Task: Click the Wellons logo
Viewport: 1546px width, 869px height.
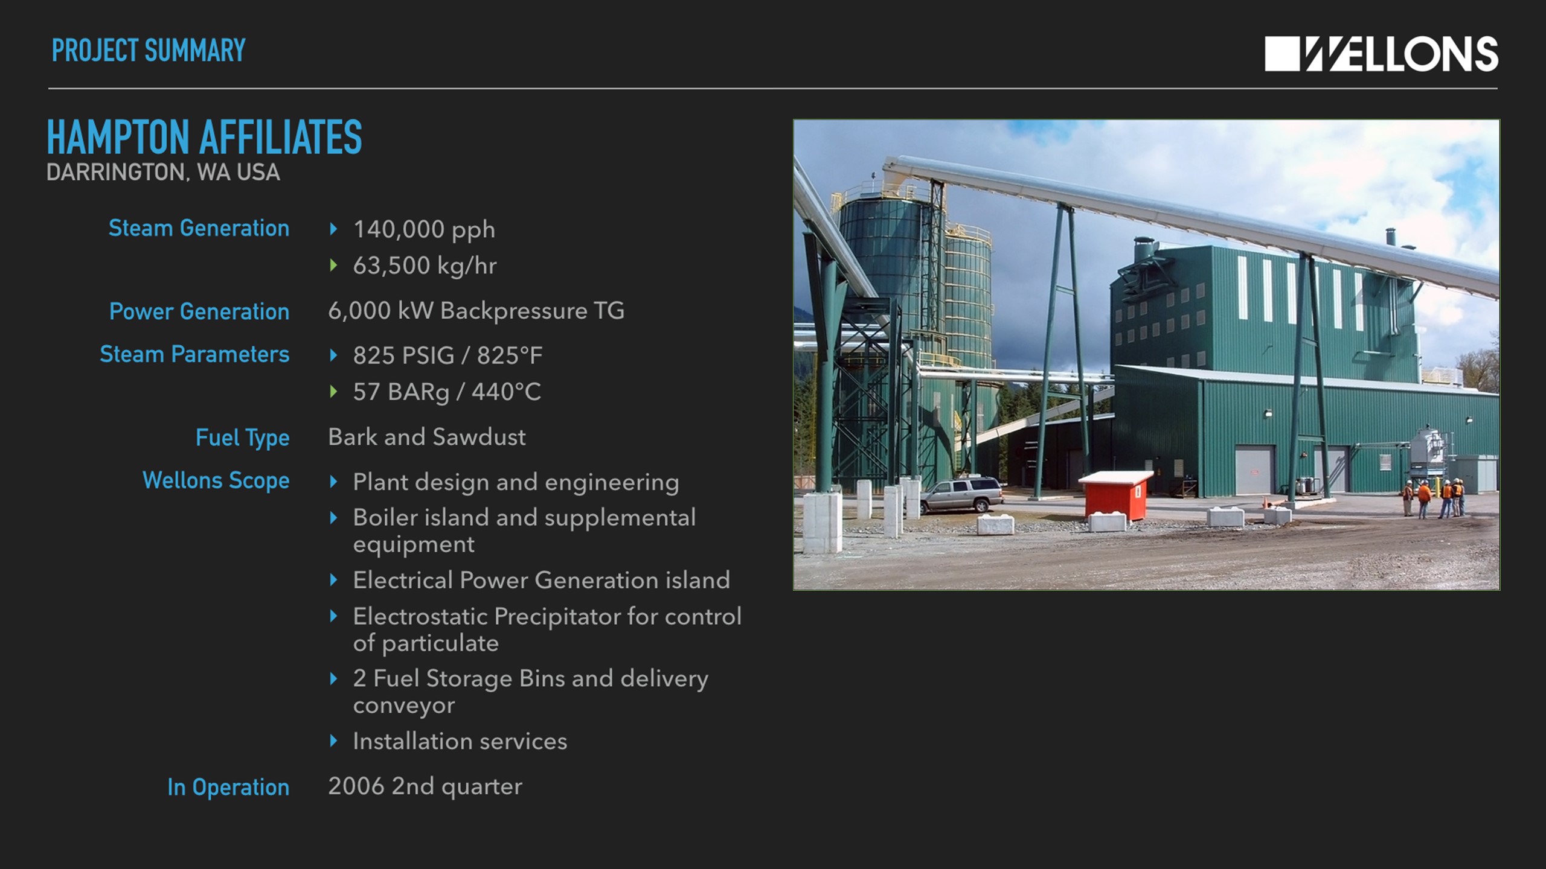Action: click(x=1381, y=54)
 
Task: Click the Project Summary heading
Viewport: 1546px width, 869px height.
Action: click(x=149, y=50)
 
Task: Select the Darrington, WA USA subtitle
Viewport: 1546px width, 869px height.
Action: click(x=163, y=173)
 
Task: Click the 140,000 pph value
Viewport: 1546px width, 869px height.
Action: click(x=424, y=230)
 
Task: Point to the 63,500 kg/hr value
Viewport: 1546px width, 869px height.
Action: click(x=425, y=266)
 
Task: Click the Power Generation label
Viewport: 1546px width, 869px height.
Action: click(x=199, y=311)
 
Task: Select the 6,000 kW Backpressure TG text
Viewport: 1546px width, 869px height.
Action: click(x=476, y=311)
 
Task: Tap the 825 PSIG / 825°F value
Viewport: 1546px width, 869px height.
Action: click(x=447, y=355)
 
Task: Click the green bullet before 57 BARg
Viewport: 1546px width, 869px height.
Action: click(x=333, y=392)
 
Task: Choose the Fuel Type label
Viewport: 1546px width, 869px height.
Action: click(x=242, y=438)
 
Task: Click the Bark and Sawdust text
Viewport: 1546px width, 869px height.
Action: click(x=427, y=437)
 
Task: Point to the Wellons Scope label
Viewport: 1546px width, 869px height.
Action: click(x=216, y=480)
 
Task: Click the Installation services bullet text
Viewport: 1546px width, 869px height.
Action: click(x=460, y=741)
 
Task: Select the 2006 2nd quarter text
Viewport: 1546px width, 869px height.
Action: click(x=425, y=786)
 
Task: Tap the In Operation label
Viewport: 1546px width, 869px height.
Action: click(x=228, y=787)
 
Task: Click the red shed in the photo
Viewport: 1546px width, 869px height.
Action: click(x=1115, y=497)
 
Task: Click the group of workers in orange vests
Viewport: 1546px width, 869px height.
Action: click(x=1434, y=498)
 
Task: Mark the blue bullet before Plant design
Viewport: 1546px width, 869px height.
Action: click(x=333, y=482)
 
